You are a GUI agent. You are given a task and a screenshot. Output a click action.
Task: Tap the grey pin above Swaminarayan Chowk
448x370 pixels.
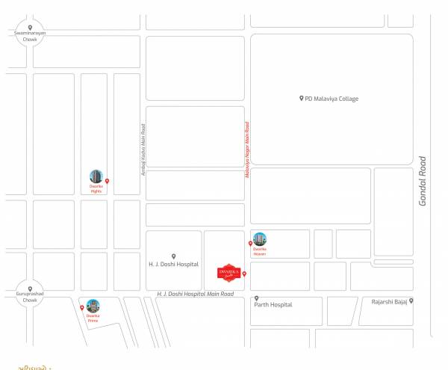tap(30, 28)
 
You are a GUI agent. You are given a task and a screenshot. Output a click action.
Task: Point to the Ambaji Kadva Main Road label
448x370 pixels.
tap(142, 149)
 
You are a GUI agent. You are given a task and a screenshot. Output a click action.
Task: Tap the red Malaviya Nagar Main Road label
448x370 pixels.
tap(246, 150)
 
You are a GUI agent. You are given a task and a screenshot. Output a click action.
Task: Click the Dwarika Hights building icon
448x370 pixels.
tap(96, 177)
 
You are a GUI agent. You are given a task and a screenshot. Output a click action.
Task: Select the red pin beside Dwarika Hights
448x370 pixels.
tap(107, 181)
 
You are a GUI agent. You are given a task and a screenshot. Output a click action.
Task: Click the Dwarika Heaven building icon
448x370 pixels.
tap(259, 239)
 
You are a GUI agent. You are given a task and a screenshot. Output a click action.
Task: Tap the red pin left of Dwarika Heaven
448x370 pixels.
tap(250, 244)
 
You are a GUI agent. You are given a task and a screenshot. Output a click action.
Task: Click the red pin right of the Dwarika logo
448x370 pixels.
tap(244, 274)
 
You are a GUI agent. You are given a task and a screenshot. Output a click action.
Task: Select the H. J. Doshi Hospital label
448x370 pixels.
tap(173, 265)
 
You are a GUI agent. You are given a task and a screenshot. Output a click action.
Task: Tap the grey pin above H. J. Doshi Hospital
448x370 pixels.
tap(173, 256)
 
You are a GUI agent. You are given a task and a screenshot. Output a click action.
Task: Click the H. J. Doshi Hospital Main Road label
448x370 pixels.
tap(196, 295)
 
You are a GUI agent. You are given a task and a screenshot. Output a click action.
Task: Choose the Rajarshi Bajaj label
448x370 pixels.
tap(389, 301)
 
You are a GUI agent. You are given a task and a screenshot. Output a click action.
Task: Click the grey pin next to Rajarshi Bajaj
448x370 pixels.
tap(411, 301)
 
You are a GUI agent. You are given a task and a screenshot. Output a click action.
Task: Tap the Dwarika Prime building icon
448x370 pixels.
tap(93, 305)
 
